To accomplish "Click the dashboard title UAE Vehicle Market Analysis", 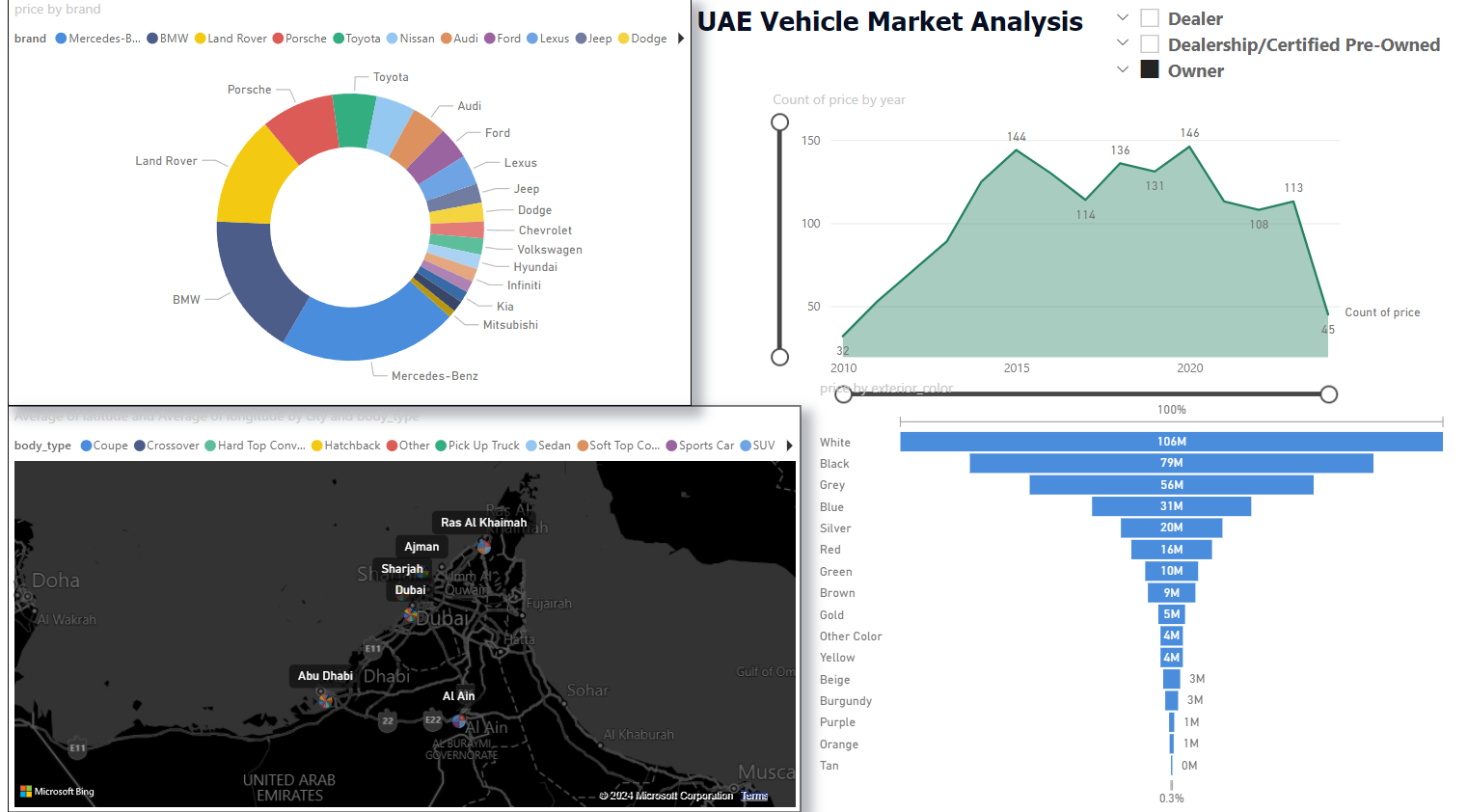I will point(889,21).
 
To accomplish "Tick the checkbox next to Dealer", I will point(1150,18).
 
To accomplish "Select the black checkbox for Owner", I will point(1150,69).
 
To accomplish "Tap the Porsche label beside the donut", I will point(249,90).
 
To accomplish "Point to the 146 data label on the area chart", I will point(1189,133).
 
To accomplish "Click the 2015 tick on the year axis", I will point(1017,368).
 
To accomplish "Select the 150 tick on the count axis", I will point(810,141).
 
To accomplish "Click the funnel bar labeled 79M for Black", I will point(1171,463).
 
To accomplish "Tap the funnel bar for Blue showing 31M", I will point(1171,506).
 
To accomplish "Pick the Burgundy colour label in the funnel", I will point(845,701).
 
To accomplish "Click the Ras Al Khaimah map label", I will point(483,523).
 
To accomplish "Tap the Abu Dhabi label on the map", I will point(325,676).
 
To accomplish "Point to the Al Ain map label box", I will point(458,696).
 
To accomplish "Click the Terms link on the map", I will point(754,796).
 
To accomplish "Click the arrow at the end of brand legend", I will point(681,39).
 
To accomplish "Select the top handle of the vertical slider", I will point(780,122).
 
